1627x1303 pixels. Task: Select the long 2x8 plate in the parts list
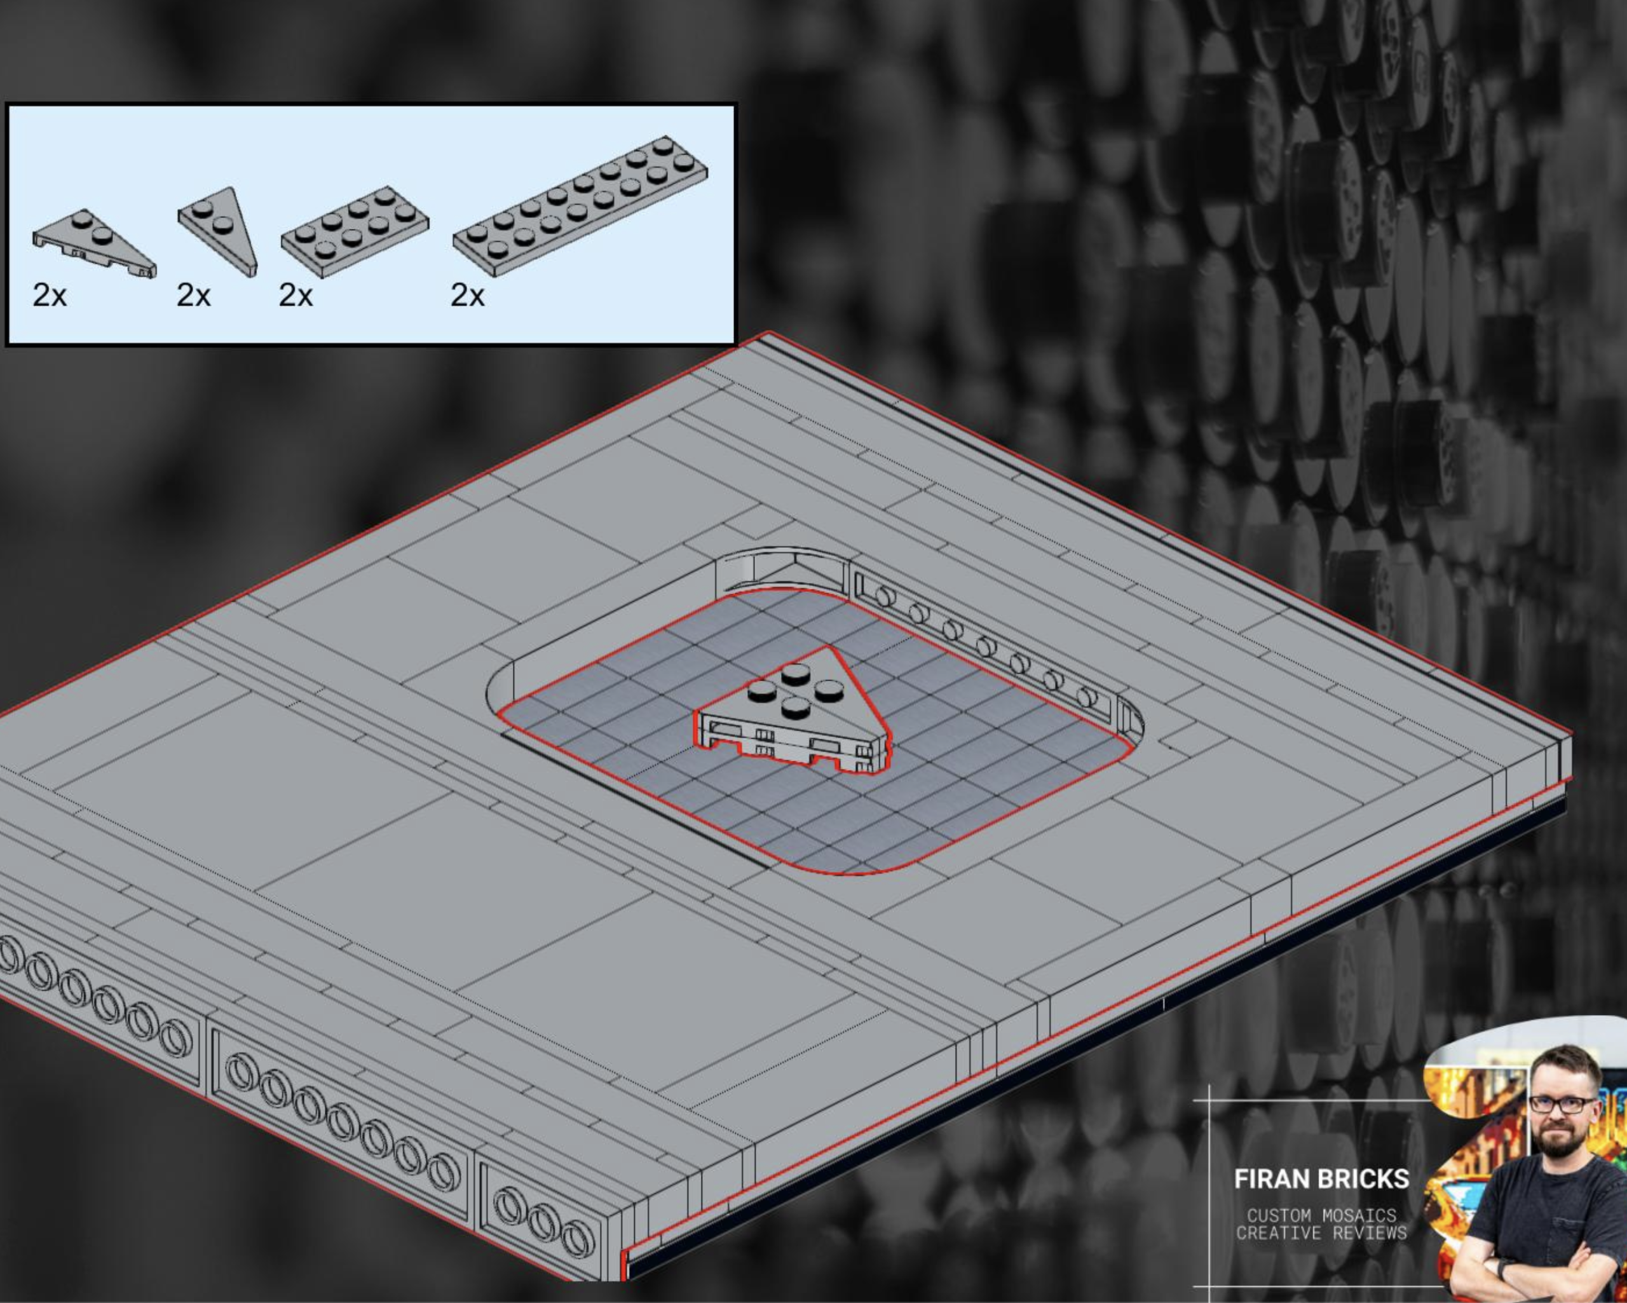coord(580,205)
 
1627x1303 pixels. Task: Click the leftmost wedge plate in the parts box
coord(94,243)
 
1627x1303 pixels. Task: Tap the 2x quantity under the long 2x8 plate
coord(467,295)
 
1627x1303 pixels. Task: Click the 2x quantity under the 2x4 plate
coord(295,295)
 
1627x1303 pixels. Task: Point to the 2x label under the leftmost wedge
coord(49,295)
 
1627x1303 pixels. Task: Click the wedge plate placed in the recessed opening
coord(793,717)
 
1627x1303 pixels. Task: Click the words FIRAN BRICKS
coord(1321,1179)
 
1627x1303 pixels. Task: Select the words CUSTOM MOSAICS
coord(1321,1215)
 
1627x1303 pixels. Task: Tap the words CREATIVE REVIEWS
coord(1321,1234)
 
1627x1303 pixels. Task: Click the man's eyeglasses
coord(1562,1105)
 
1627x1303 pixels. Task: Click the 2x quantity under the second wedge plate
coord(193,295)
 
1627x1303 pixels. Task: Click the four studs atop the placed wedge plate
coord(796,689)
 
